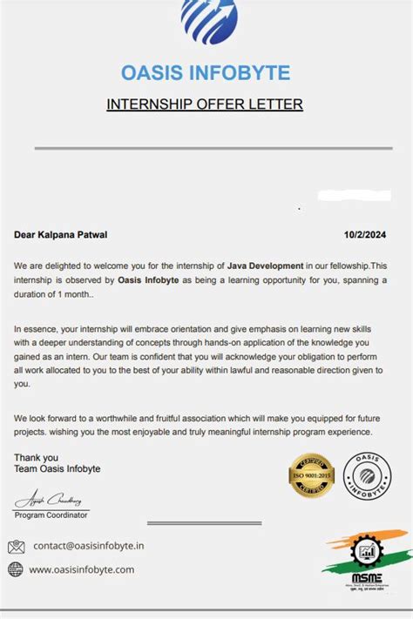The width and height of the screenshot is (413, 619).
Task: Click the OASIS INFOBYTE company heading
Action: (x=206, y=72)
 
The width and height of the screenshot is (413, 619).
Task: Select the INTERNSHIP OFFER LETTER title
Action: (x=205, y=104)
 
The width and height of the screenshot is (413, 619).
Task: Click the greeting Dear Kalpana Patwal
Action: (x=61, y=234)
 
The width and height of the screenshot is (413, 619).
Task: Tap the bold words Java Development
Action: (x=265, y=265)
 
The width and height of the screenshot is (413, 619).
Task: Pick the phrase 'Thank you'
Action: (x=36, y=457)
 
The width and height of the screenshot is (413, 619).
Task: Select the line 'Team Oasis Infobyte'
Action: (x=58, y=469)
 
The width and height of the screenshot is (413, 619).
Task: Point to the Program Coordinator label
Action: (x=51, y=515)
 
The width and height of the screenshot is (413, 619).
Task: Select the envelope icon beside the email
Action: (x=16, y=547)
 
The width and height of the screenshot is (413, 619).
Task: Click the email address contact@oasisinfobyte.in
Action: (x=89, y=547)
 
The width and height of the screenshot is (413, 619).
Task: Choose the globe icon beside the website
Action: (x=16, y=569)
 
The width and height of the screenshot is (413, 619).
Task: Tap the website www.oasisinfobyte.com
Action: (x=82, y=569)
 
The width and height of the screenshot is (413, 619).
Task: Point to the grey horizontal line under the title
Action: (x=206, y=149)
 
